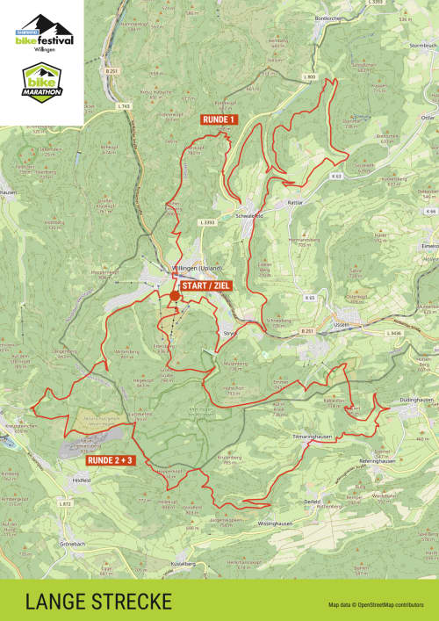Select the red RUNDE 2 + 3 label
click(110, 459)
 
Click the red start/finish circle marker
click(176, 296)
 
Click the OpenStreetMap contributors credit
click(376, 605)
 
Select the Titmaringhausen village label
click(314, 436)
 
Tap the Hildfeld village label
click(82, 480)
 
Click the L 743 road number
click(123, 106)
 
